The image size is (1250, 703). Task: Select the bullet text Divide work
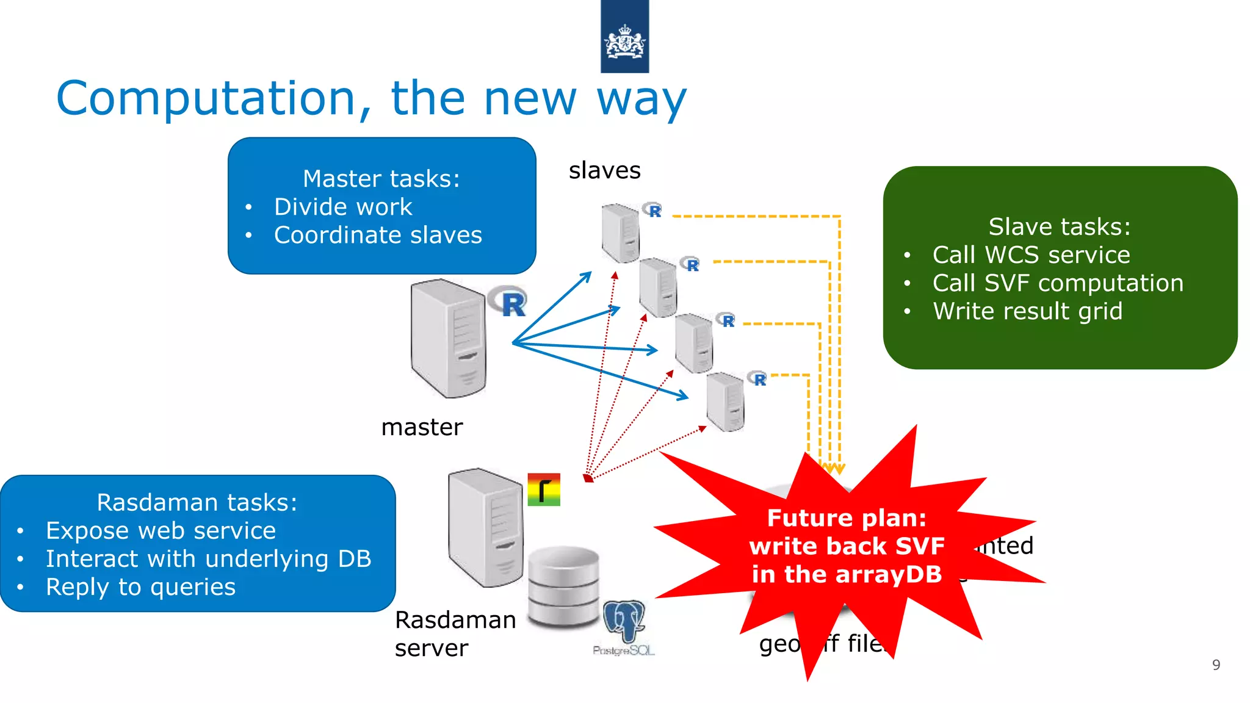pos(343,207)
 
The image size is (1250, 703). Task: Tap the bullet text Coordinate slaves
pos(378,235)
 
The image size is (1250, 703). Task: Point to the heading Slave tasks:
pos(1060,226)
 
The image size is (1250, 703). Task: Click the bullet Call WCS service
pos(1031,254)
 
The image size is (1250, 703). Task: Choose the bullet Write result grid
pos(1027,311)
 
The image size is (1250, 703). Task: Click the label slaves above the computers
pos(604,170)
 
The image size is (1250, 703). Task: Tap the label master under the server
pos(422,427)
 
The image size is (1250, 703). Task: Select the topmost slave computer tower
pos(620,233)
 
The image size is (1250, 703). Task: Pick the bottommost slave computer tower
pos(725,402)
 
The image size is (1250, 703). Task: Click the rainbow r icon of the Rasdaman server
pos(543,489)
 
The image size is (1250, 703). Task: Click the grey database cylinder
pos(563,587)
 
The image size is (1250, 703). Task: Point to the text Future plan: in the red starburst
pos(847,518)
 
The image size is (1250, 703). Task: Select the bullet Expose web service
pos(161,531)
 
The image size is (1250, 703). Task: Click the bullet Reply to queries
pos(140,587)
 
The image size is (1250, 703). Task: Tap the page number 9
pos(1216,665)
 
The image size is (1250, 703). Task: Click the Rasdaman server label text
pos(455,633)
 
